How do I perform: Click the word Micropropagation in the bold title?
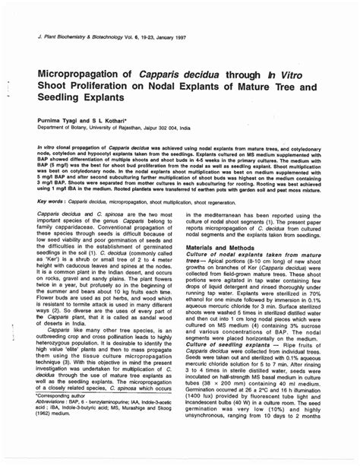79,74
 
